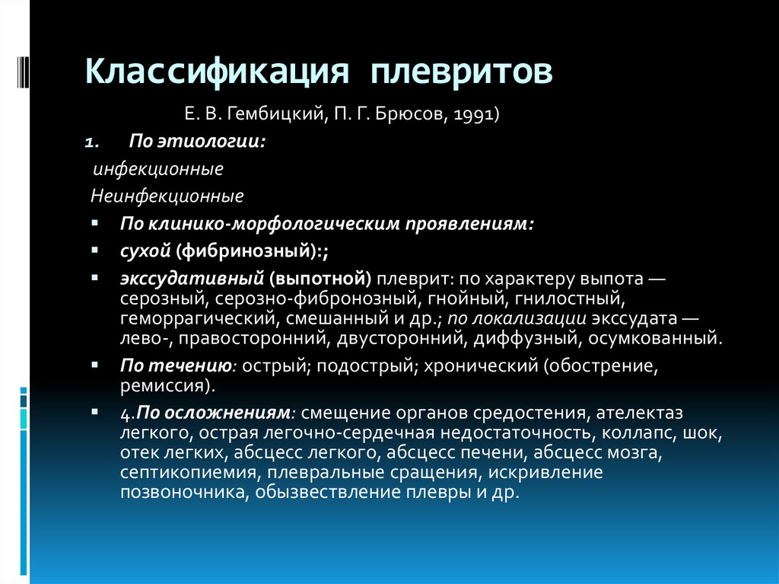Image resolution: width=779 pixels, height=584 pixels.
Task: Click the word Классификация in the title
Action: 217,72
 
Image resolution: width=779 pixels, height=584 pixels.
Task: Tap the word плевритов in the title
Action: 462,72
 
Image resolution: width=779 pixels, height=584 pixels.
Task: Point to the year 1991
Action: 473,114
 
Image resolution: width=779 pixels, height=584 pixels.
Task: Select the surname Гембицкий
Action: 275,114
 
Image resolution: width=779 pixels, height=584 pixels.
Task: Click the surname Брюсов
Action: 412,114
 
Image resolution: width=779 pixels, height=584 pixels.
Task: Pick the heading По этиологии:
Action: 197,142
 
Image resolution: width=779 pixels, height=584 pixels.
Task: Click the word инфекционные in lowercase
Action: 158,169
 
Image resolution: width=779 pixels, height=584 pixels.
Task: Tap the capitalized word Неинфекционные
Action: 167,196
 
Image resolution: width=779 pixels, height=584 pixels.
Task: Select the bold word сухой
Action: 145,251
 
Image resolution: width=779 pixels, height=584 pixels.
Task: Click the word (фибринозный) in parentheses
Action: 246,251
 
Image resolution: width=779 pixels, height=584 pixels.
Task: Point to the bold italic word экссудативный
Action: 192,279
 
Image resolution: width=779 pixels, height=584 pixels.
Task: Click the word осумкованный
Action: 655,339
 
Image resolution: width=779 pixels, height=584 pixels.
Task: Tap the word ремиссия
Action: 162,386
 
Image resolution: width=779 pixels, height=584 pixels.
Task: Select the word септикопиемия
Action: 189,472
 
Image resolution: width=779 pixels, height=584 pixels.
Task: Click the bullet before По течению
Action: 95,365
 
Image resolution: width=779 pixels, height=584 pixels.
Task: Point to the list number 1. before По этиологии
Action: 92,143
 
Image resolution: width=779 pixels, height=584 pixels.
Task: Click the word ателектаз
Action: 639,413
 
